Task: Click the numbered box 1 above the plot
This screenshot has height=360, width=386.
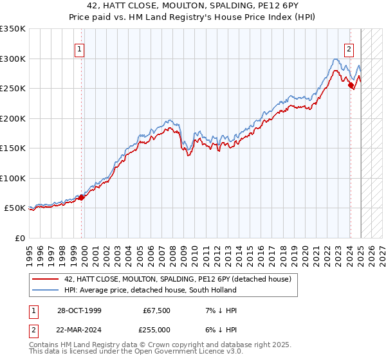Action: (x=79, y=49)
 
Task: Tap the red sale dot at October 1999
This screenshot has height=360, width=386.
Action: (x=81, y=198)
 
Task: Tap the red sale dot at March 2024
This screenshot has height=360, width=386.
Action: (x=351, y=85)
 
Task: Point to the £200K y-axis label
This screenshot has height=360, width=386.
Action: (x=12, y=118)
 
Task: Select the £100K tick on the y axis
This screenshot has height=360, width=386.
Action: (x=12, y=178)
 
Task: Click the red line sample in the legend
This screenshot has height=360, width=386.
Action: (x=46, y=279)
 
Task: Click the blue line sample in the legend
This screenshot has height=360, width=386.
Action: (x=46, y=291)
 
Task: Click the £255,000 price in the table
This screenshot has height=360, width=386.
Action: (x=156, y=330)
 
